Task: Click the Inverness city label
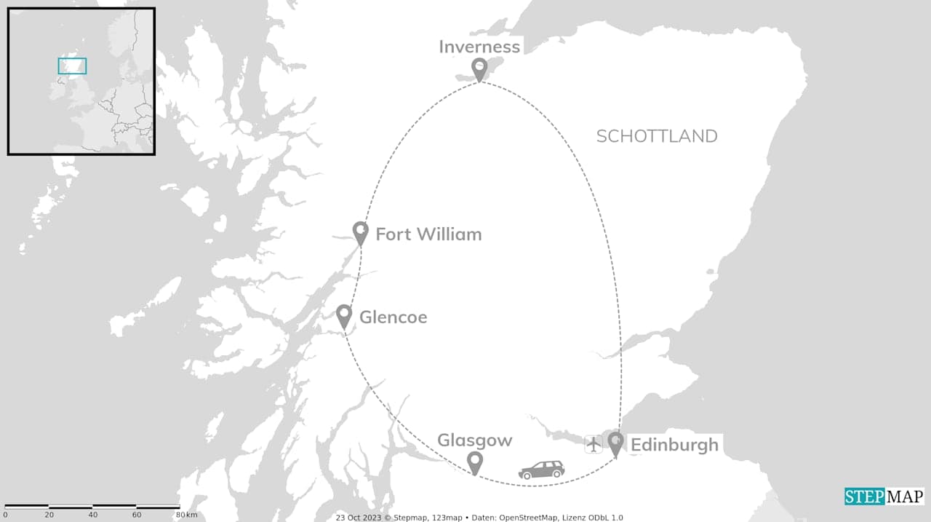click(x=479, y=47)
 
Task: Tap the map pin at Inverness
click(x=479, y=68)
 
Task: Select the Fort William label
click(x=428, y=234)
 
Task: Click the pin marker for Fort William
click(x=360, y=232)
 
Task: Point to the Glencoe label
click(x=393, y=317)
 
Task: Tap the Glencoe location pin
click(x=344, y=315)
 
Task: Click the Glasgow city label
click(x=474, y=440)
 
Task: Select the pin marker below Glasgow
click(x=475, y=462)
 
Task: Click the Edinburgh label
click(x=674, y=445)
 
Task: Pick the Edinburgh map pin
click(x=615, y=443)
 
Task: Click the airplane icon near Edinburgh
click(x=594, y=443)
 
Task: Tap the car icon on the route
click(x=541, y=470)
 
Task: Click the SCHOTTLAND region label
click(x=656, y=136)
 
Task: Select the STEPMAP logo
click(x=884, y=497)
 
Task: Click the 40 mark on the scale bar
click(x=92, y=515)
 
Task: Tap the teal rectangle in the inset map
click(x=72, y=66)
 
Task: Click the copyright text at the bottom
click(x=479, y=518)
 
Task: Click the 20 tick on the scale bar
click(x=49, y=515)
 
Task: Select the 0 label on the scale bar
click(x=5, y=515)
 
